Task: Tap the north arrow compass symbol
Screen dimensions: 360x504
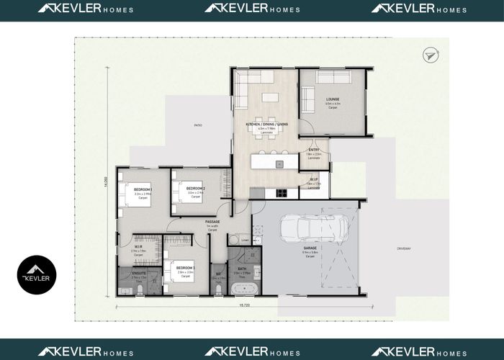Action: coord(431,54)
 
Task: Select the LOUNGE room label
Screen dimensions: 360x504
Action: coord(332,99)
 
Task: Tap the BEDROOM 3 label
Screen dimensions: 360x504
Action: coord(186,268)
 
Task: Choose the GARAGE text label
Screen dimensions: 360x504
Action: coord(310,248)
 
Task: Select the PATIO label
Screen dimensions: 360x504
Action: coord(198,125)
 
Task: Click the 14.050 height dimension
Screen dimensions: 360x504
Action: coord(105,182)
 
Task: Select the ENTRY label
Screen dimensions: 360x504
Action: coord(313,150)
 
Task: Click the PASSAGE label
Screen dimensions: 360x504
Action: coord(212,222)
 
